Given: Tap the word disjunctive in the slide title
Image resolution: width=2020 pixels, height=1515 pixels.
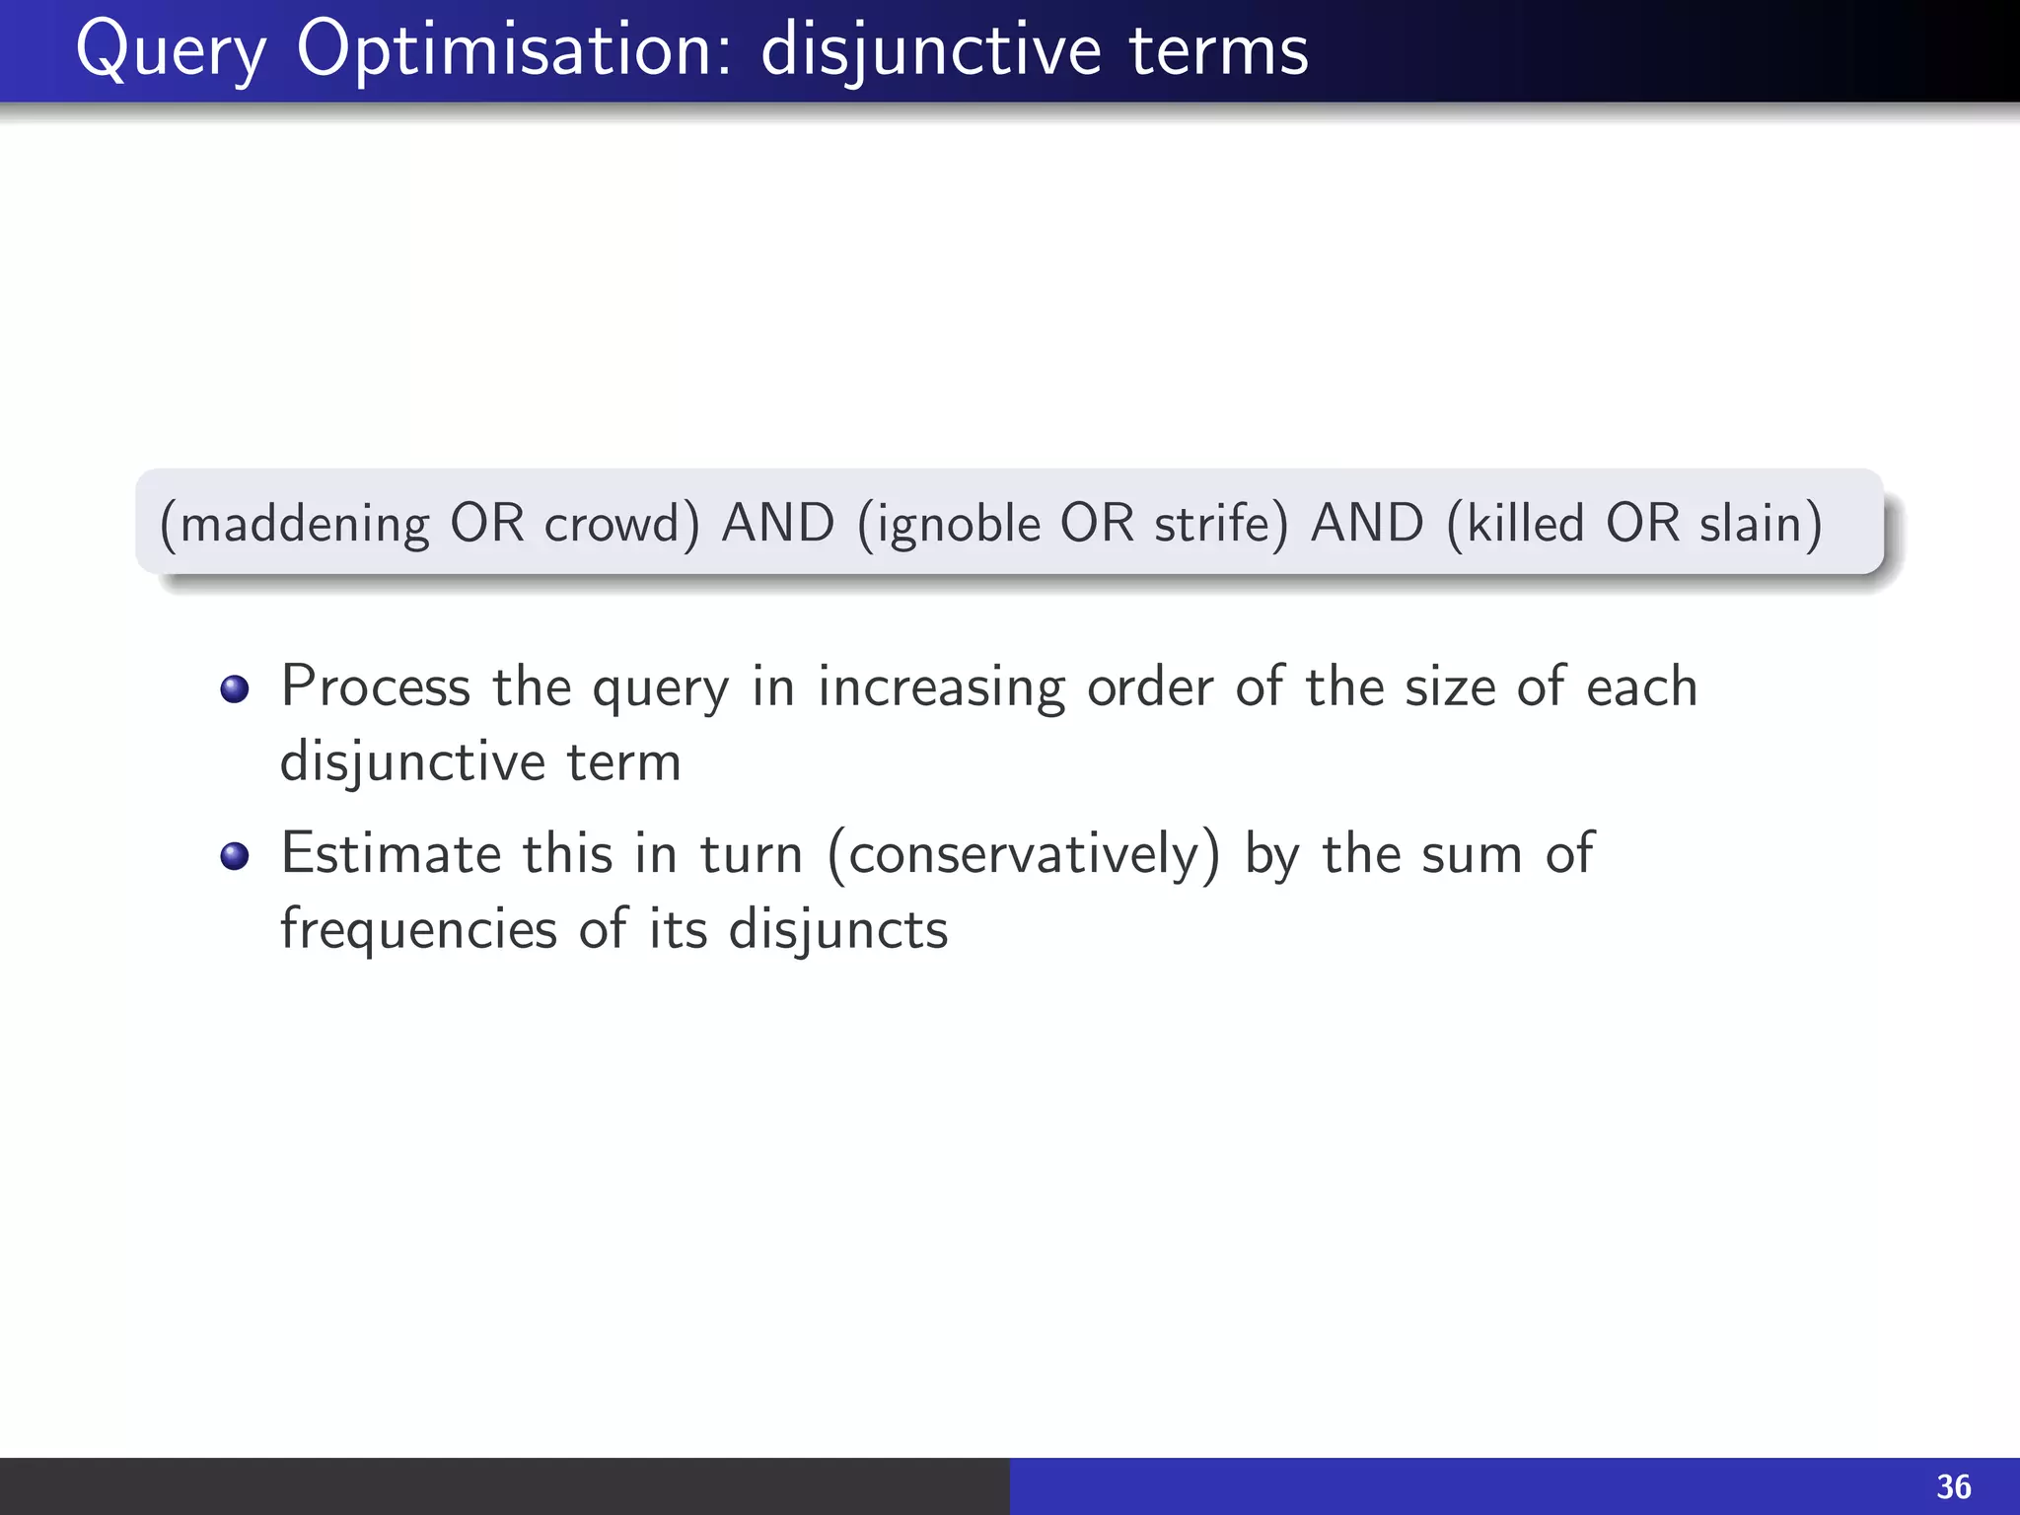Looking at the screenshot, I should tap(931, 51).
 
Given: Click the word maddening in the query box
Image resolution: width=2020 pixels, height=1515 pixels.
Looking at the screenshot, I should tap(305, 524).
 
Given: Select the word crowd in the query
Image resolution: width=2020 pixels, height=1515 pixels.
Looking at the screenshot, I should tap(613, 524).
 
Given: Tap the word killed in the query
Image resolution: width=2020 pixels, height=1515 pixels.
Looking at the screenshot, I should tap(1525, 524).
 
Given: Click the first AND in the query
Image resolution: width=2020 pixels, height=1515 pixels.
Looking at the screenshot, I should tap(778, 523).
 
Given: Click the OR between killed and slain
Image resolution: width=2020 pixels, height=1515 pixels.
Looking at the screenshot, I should tap(1642, 523).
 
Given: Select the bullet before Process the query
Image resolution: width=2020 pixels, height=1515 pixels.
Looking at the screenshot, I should tap(235, 688).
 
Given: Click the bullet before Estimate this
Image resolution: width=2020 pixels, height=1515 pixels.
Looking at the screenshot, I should tap(235, 855).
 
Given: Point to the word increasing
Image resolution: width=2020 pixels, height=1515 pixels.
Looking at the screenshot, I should tap(942, 687).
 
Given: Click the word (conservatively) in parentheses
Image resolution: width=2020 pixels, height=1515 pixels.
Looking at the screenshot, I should tap(1024, 854).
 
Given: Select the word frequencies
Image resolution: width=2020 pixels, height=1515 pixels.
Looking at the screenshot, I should tap(419, 929).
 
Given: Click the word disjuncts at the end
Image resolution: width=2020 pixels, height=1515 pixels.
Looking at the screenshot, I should tap(838, 929).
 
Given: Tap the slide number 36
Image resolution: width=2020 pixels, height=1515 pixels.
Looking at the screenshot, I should tap(1953, 1486).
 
